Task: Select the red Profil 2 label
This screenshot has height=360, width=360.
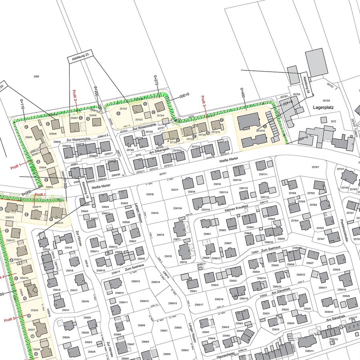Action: coord(75,98)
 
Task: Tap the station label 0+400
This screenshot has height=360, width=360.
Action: coord(242,95)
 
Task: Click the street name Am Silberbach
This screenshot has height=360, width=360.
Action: coord(159,149)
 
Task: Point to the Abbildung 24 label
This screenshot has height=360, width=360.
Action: coord(306,85)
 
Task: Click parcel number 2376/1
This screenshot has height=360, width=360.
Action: coord(315,167)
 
